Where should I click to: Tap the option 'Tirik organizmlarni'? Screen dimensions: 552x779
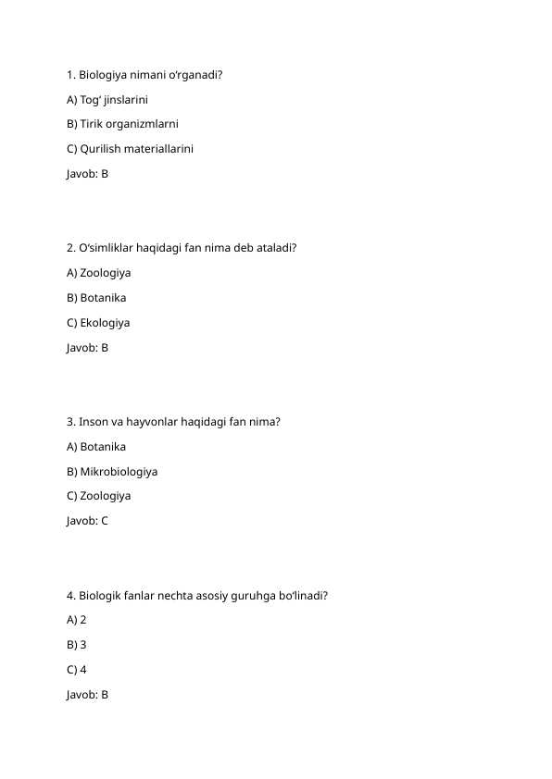pos(122,124)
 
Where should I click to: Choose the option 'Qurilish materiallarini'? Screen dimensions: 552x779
pos(130,149)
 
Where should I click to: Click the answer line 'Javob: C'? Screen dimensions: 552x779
pos(87,521)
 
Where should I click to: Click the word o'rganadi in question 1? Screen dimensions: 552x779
pos(195,75)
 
